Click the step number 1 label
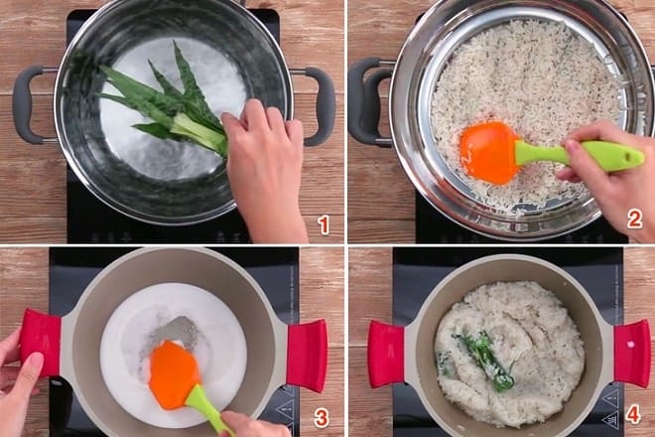324,224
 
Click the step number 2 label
634,219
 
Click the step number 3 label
321,417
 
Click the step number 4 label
633,414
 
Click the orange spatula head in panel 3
173,372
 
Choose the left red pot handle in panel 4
386,353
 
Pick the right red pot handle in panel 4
631,353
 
